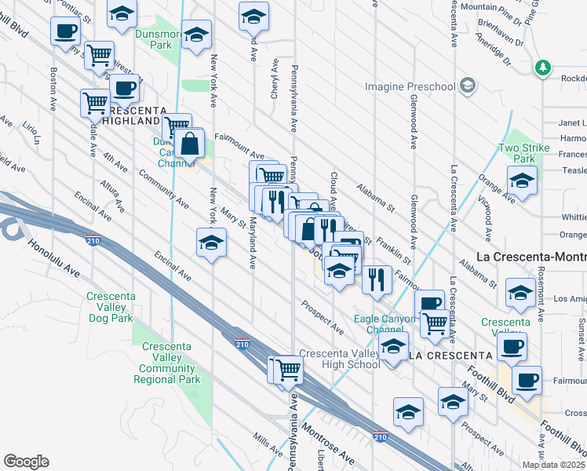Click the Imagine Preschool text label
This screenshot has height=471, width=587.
pyautogui.click(x=410, y=85)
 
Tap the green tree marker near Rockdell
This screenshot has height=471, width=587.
pyautogui.click(x=542, y=69)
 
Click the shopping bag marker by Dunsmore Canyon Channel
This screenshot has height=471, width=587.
pyautogui.click(x=191, y=144)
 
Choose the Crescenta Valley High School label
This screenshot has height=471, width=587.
pyautogui.click(x=340, y=359)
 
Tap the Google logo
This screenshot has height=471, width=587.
pyautogui.click(x=26, y=462)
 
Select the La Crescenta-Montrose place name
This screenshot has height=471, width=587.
pyautogui.click(x=531, y=257)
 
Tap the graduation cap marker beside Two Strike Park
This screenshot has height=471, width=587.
pyautogui.click(x=522, y=183)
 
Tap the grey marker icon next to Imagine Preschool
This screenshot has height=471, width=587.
pyautogui.click(x=468, y=85)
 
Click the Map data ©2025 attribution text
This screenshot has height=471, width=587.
pyautogui.click(x=554, y=465)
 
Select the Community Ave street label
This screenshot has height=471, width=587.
pyautogui.click(x=162, y=188)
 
